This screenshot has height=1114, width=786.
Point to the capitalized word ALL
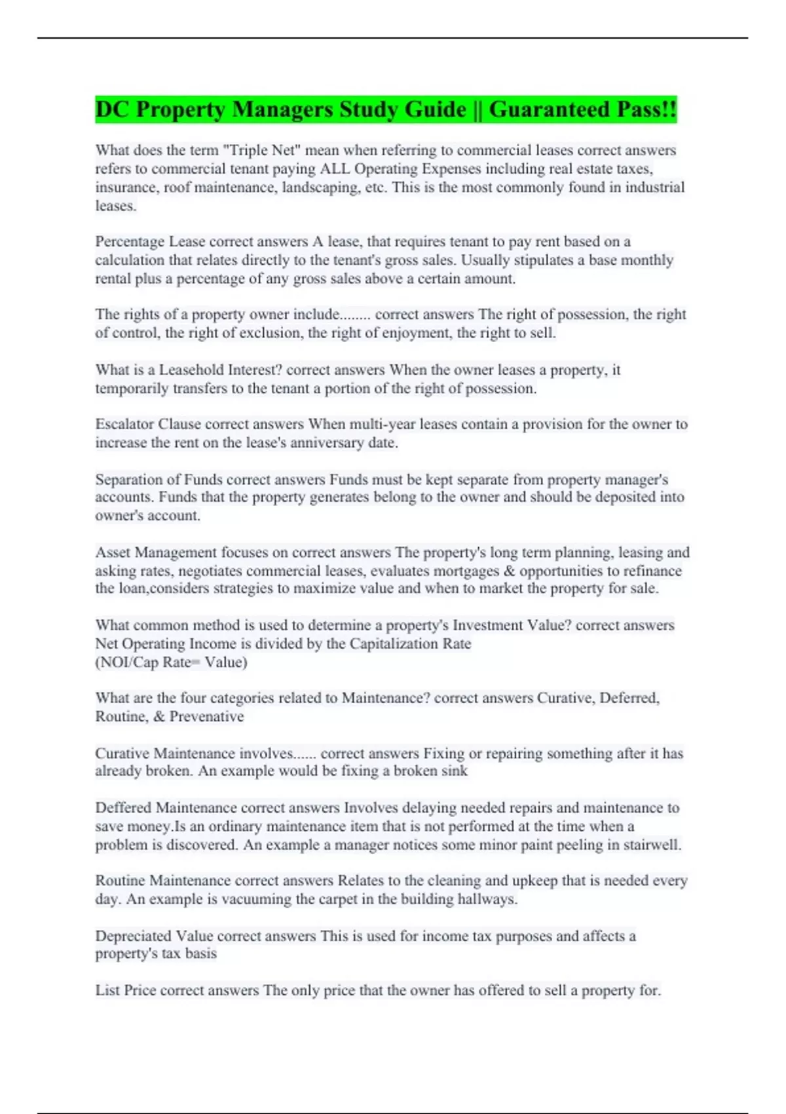[335, 168]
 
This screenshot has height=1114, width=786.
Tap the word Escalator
[124, 424]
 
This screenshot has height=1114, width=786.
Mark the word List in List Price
[107, 990]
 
